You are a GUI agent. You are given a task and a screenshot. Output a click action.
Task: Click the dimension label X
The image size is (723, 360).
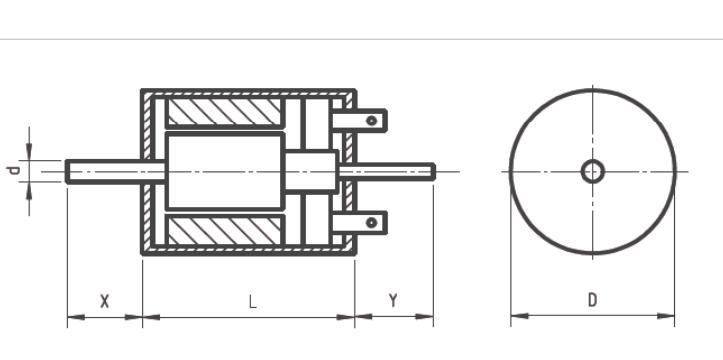point(105,301)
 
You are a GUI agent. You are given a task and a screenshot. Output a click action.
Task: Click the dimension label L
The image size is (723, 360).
point(252,302)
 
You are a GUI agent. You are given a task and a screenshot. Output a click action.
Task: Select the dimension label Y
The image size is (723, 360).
point(393,301)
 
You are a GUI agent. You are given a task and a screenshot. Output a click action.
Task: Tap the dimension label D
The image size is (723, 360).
point(593,300)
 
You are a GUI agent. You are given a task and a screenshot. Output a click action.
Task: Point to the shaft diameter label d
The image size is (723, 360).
point(14,171)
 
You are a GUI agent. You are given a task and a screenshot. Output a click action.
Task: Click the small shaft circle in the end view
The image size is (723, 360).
point(593,171)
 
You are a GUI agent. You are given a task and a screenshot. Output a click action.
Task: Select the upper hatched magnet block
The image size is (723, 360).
point(225,112)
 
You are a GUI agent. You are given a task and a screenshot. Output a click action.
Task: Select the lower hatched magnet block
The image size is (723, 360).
point(225,230)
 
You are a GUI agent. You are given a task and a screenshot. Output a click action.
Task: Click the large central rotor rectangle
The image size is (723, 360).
point(225,171)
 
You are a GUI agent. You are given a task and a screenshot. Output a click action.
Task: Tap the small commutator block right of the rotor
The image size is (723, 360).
point(310,171)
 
